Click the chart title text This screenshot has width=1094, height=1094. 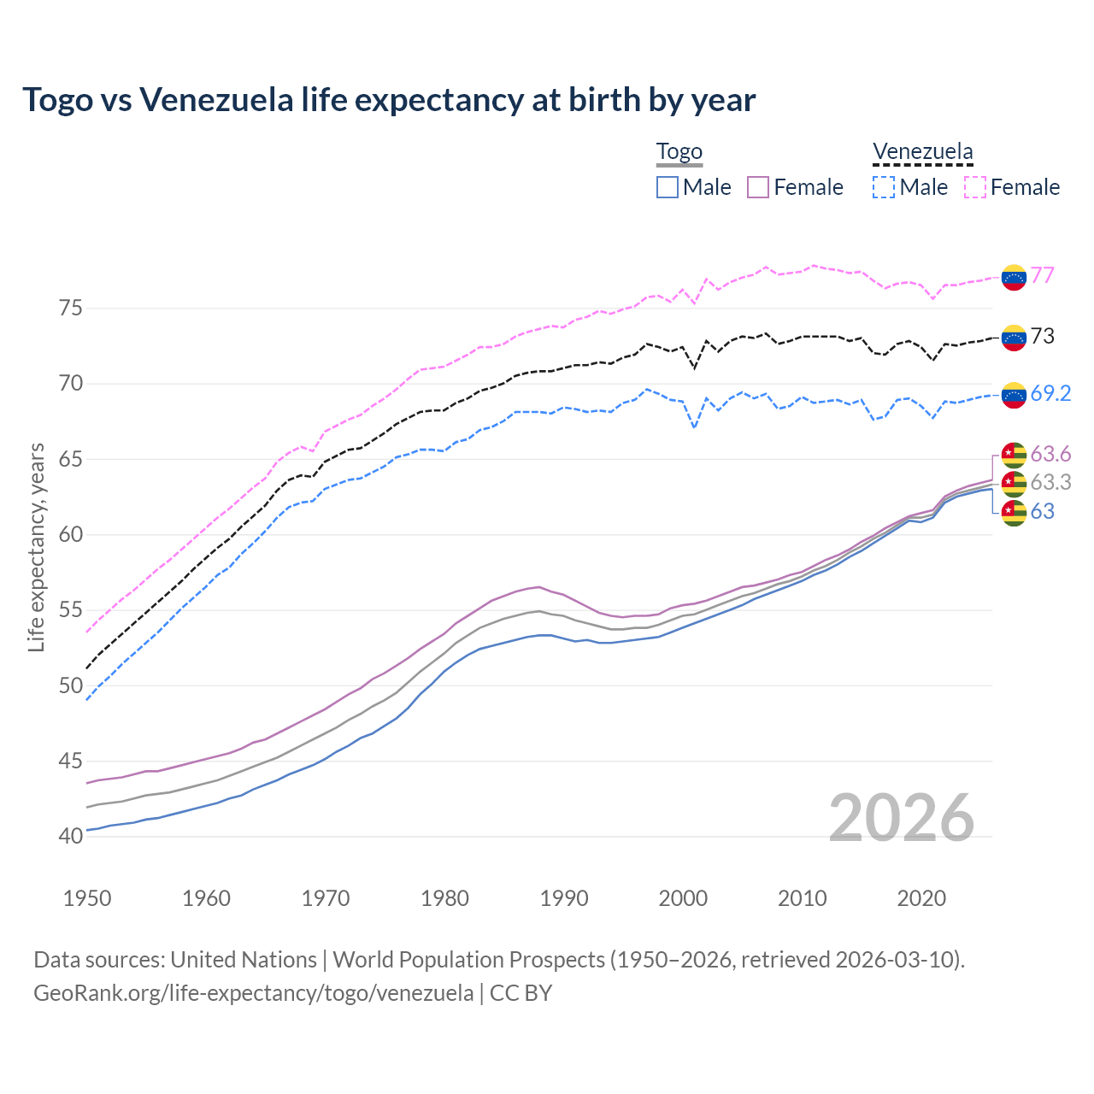pyautogui.click(x=389, y=100)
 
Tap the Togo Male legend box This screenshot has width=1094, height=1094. pyautogui.click(x=668, y=187)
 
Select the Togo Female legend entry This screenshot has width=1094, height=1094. pyautogui.click(x=795, y=187)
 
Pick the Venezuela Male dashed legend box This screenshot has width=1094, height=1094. pyautogui.click(x=884, y=187)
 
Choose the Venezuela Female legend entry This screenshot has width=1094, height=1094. pyautogui.click(x=1012, y=187)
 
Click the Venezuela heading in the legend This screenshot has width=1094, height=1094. pyautogui.click(x=922, y=152)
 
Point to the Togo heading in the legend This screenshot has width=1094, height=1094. pyautogui.click(x=679, y=152)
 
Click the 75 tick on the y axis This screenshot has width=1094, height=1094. pyautogui.click(x=70, y=308)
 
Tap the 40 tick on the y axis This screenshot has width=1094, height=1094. pyautogui.click(x=70, y=836)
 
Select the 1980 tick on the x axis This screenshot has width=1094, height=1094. pyautogui.click(x=444, y=898)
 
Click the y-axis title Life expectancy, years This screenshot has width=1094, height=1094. pyautogui.click(x=36, y=547)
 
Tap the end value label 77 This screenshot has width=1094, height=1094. pyautogui.click(x=1042, y=275)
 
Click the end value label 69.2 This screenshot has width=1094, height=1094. pyautogui.click(x=1050, y=393)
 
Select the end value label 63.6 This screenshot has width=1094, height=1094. pyautogui.click(x=1050, y=454)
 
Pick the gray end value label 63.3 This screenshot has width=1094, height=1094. pyautogui.click(x=1050, y=483)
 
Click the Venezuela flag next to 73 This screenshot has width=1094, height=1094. pyautogui.click(x=1014, y=338)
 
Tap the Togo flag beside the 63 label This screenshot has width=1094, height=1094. pyautogui.click(x=1014, y=513)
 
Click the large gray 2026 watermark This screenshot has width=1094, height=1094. pyautogui.click(x=902, y=819)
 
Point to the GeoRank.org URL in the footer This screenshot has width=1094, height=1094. pyautogui.click(x=253, y=993)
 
